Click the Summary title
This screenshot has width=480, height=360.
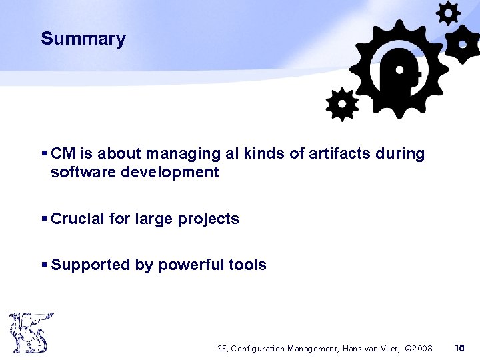click(83, 39)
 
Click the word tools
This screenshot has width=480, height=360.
click(247, 265)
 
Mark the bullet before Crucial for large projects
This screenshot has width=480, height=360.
click(44, 219)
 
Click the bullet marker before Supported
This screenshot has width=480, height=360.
click(44, 265)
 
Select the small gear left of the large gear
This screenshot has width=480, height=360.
click(342, 104)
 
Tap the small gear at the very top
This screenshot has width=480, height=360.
click(448, 13)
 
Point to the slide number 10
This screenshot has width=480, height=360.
click(459, 348)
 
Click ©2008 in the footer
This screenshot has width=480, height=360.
click(419, 348)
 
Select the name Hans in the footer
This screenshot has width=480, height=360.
click(355, 348)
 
